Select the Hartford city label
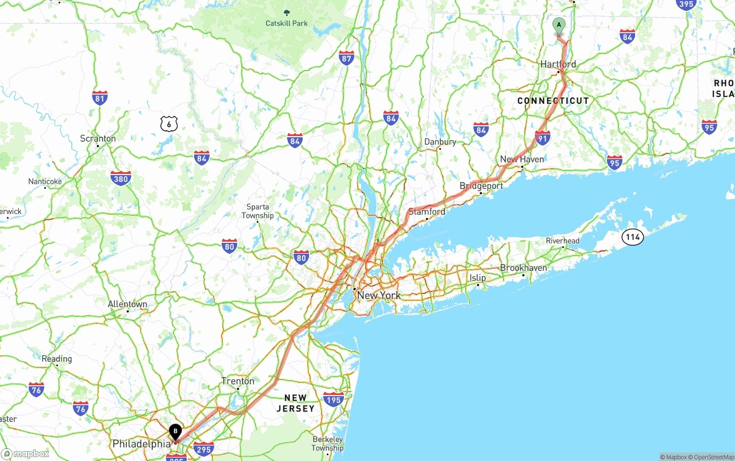point(558,64)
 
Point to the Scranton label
point(98,138)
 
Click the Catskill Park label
point(287,24)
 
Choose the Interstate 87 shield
point(346,57)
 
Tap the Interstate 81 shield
point(100,98)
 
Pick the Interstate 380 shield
point(121,178)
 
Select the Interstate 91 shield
point(542,137)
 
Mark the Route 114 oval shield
point(633,237)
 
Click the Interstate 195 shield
point(334,399)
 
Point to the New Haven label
point(522,159)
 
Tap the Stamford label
point(427,212)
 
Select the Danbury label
point(440,142)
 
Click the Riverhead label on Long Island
point(563,241)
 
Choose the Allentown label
point(127,304)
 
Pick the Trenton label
point(238,381)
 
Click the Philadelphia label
point(141,444)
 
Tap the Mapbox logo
point(26,454)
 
